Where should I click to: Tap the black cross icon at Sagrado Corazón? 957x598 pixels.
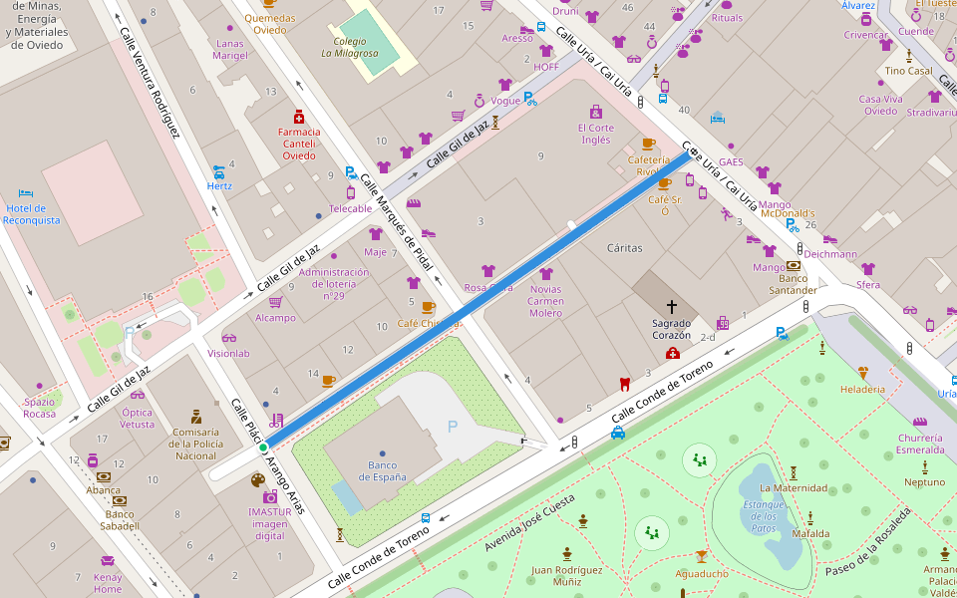671,307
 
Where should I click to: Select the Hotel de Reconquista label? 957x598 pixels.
32,213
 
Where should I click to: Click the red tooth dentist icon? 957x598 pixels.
625,384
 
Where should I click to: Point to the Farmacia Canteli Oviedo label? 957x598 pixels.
299,144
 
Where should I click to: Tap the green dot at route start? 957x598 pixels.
263,448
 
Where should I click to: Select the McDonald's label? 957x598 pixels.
788,213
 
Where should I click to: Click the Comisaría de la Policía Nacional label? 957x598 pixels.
195,444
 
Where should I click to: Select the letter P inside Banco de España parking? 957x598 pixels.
452,427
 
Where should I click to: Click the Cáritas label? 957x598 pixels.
625,247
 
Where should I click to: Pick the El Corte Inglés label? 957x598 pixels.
596,134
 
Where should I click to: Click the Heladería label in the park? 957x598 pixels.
862,389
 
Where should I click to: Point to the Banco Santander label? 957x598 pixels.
794,285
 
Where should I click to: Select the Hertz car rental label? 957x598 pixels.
218,185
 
